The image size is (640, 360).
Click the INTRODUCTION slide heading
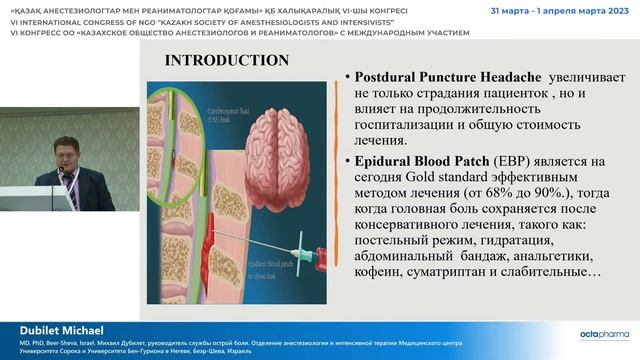coord(227,60)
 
